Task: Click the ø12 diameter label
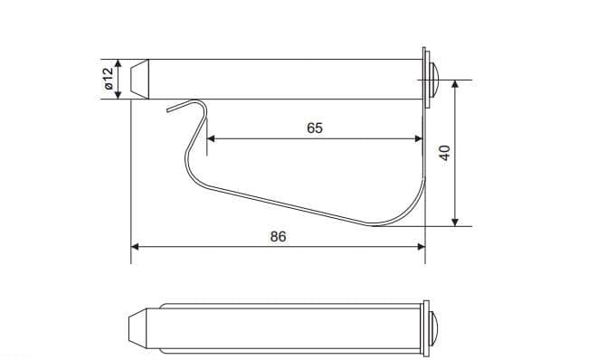109,79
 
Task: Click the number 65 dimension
314,128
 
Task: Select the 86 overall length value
278,236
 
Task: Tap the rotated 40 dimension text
445,153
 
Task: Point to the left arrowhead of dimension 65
211,138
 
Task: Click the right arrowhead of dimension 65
419,138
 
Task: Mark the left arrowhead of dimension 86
135,247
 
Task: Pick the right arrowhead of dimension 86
422,247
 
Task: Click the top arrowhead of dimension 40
455,84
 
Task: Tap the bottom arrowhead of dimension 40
455,222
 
